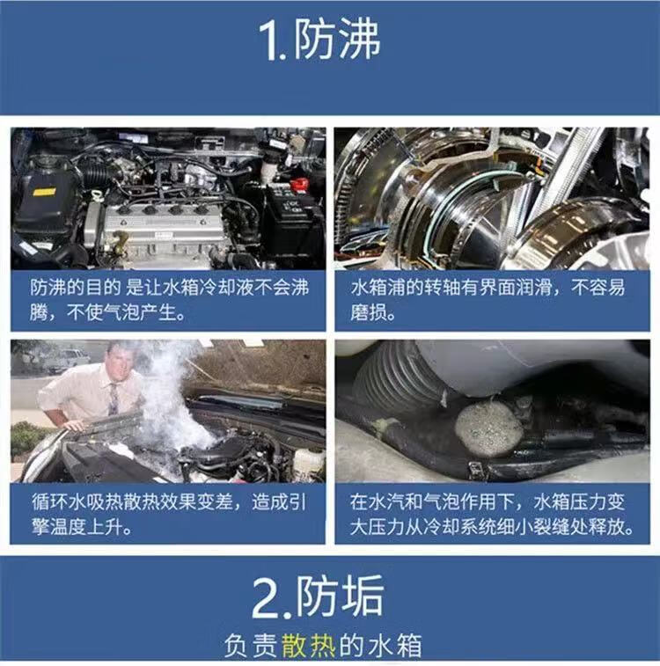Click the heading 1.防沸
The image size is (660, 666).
point(319,40)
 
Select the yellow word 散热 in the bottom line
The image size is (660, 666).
point(308,645)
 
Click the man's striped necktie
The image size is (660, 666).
point(114,399)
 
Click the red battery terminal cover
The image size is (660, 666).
point(299,185)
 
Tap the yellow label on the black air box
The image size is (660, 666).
point(45,192)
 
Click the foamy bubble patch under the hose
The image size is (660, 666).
point(489,429)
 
